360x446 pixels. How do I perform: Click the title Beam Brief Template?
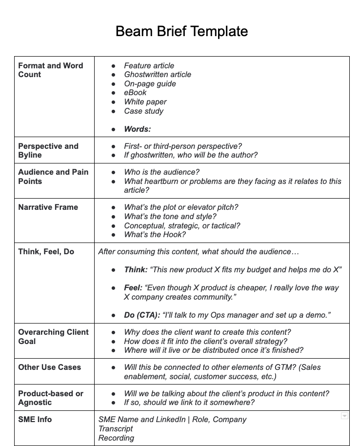181,32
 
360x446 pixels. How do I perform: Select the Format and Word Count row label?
50,70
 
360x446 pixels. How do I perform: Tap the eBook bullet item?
135,93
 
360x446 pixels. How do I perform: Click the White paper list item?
145,102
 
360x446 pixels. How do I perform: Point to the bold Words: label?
137,129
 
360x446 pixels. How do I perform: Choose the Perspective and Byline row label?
48,150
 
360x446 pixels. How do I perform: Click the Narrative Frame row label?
48,207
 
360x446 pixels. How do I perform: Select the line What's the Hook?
155,235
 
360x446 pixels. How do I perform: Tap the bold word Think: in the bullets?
136,270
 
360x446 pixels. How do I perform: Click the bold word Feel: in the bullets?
133,288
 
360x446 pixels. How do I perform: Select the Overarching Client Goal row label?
53,337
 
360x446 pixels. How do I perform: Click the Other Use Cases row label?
49,367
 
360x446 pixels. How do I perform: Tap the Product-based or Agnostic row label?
50,398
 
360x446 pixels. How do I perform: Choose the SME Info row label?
35,420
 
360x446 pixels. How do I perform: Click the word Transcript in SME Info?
115,429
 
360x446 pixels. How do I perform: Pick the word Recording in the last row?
116,438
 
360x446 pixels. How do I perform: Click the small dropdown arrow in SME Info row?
344,416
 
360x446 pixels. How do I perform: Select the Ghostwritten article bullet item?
157,75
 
